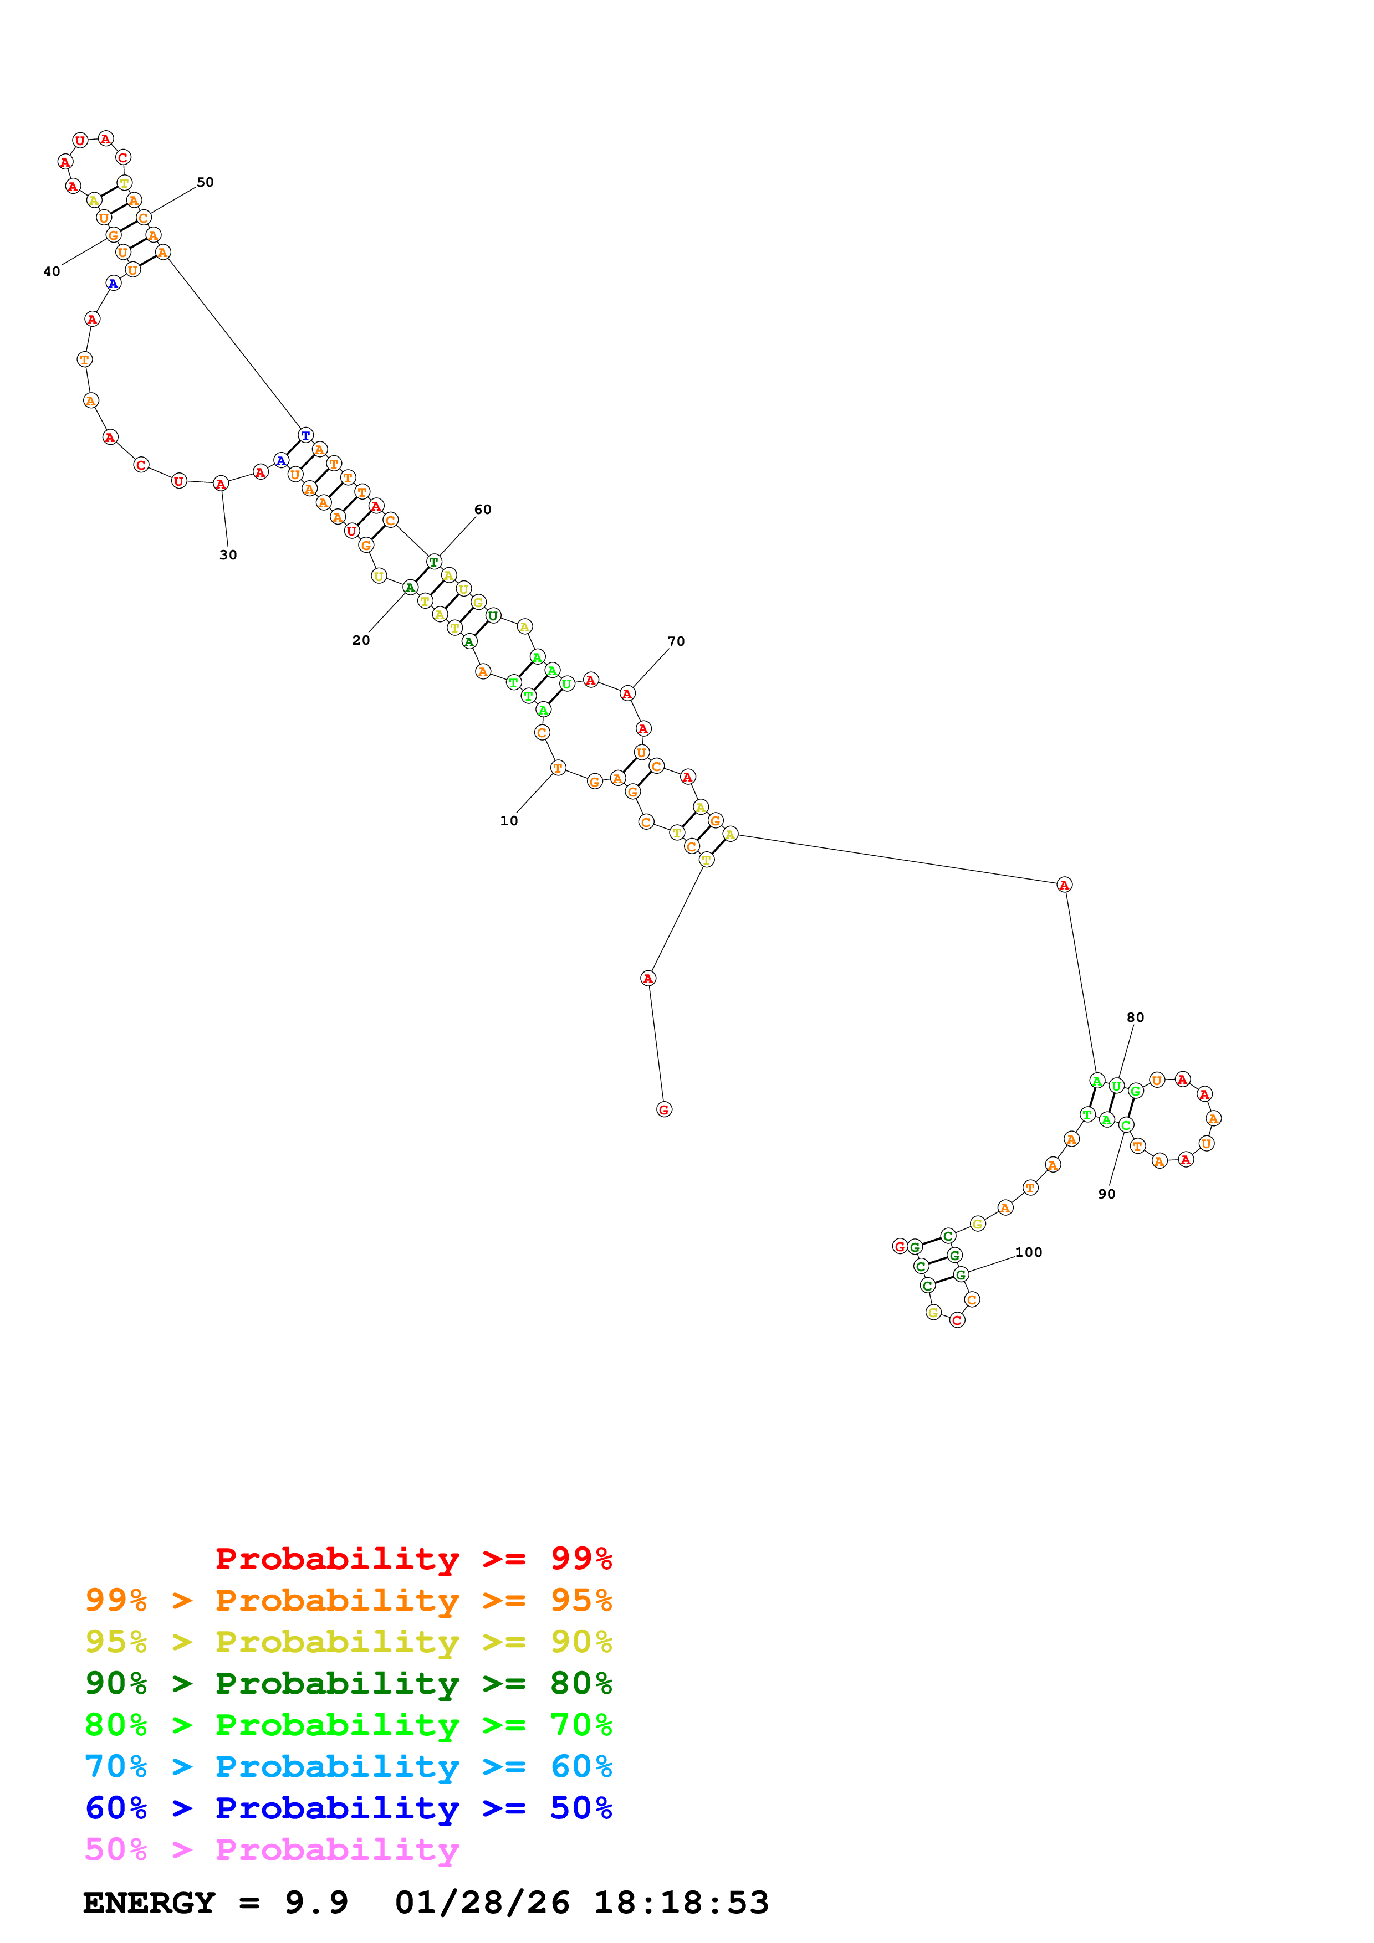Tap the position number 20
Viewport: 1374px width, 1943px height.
pyautogui.click(x=361, y=641)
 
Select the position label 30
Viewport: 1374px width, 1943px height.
pyautogui.click(x=228, y=555)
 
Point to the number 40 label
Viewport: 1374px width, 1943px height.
pyautogui.click(x=52, y=271)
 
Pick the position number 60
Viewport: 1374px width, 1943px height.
pyautogui.click(x=483, y=510)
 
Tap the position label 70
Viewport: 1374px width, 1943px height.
pyautogui.click(x=676, y=641)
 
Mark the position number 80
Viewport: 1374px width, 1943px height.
pyautogui.click(x=1135, y=1017)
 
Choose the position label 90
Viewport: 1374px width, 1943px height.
pyautogui.click(x=1106, y=1194)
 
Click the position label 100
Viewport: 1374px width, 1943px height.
pyautogui.click(x=1029, y=1252)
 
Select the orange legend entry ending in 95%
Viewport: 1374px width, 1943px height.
pyautogui.click(x=348, y=1600)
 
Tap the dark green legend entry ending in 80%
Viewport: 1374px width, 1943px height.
pyautogui.click(x=348, y=1683)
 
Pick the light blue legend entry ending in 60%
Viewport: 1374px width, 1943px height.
pyautogui.click(x=348, y=1766)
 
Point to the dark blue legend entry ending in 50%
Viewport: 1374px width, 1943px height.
pyautogui.click(x=348, y=1808)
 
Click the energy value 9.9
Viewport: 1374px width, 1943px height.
pyautogui.click(x=316, y=1903)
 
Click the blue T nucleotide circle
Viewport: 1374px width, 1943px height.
pyautogui.click(x=305, y=435)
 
